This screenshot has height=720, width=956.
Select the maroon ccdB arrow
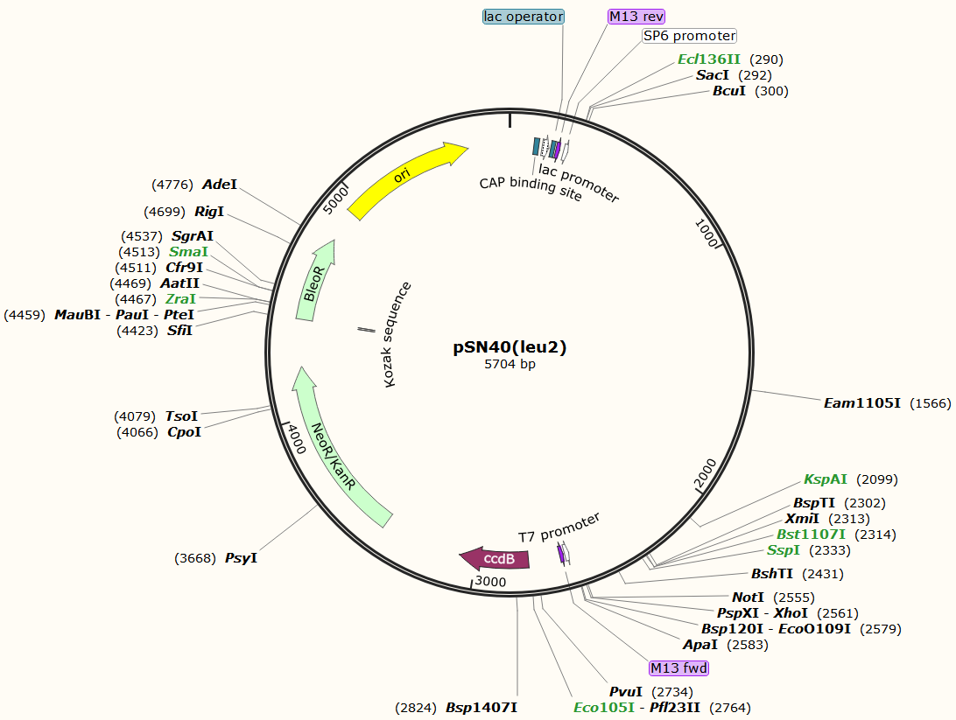pyautogui.click(x=496, y=558)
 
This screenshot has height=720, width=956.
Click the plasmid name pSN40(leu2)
pyautogui.click(x=510, y=347)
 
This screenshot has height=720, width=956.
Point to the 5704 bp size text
pyautogui.click(x=510, y=364)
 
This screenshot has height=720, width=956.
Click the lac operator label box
pyautogui.click(x=524, y=17)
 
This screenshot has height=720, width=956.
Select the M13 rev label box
pyautogui.click(x=636, y=17)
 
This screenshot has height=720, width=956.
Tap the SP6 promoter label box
pyautogui.click(x=689, y=36)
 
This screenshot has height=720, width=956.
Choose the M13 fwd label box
pyautogui.click(x=678, y=668)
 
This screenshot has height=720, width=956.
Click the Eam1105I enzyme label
pyautogui.click(x=862, y=403)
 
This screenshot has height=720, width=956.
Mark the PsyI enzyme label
pyautogui.click(x=241, y=557)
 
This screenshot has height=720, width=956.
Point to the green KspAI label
pyautogui.click(x=826, y=479)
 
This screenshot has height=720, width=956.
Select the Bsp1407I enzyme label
pyautogui.click(x=482, y=707)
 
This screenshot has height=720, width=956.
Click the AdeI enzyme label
pyautogui.click(x=220, y=185)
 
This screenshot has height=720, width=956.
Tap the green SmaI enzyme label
pyautogui.click(x=189, y=252)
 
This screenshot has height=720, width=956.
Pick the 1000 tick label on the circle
pyautogui.click(x=706, y=234)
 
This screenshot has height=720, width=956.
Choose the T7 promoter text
pyautogui.click(x=559, y=527)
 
